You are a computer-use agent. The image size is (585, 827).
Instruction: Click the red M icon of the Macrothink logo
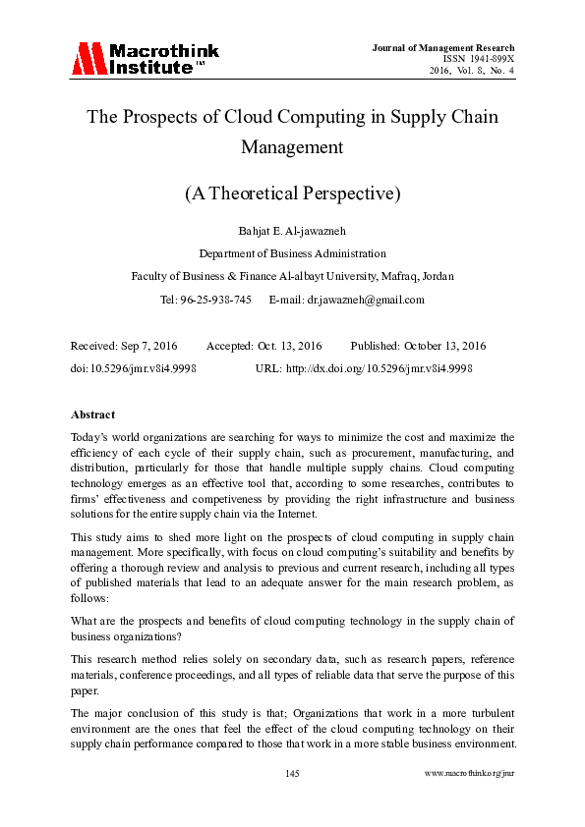point(88,59)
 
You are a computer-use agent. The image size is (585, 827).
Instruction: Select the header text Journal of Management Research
point(442,47)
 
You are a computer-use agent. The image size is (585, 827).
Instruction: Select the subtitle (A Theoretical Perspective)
point(292,193)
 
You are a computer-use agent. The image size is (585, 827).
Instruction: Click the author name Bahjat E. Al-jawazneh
point(292,230)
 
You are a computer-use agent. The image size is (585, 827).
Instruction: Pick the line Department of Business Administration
point(292,252)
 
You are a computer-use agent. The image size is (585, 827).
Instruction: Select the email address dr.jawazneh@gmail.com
point(366,300)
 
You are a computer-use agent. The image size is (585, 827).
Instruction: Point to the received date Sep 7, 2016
point(154,347)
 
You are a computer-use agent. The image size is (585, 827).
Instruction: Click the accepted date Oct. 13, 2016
point(291,347)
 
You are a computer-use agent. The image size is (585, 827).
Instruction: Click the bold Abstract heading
point(92,414)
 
